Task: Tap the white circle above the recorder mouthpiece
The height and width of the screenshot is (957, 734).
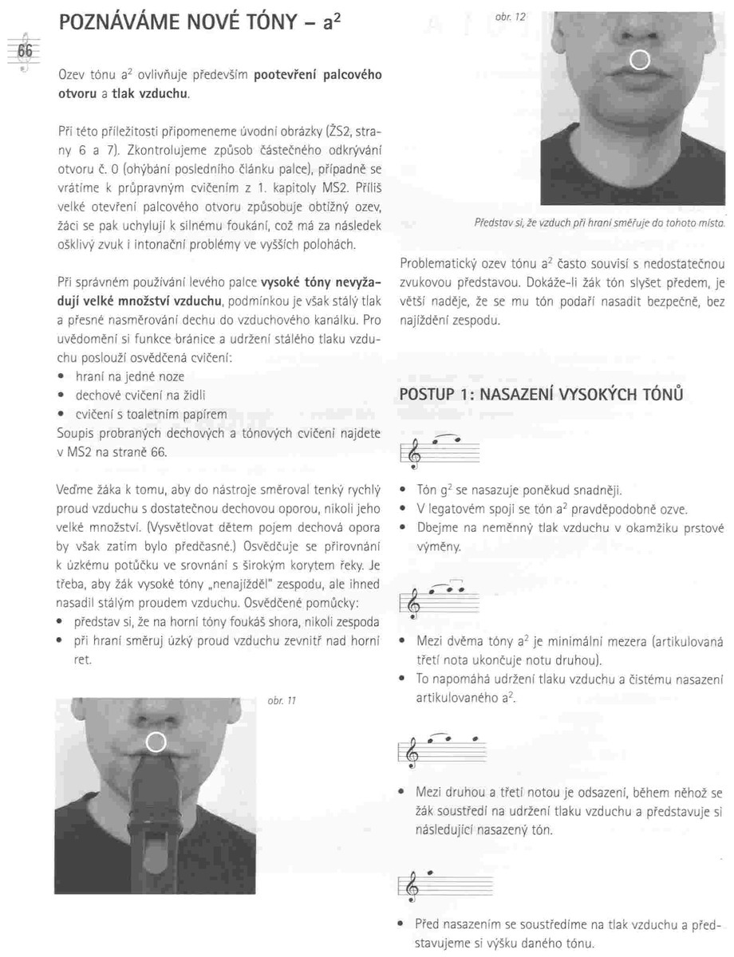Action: click(x=156, y=742)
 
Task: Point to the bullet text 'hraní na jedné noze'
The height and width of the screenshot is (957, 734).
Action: click(x=130, y=376)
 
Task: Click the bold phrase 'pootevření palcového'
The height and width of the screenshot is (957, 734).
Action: click(x=318, y=76)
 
